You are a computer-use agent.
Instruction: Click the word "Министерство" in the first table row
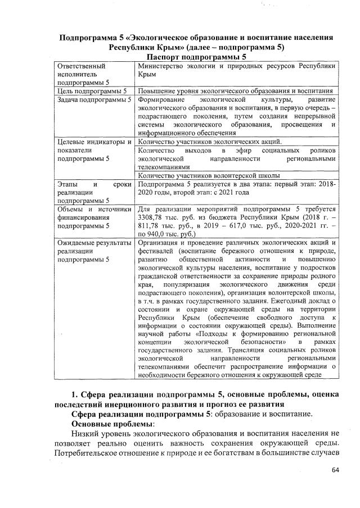(x=161, y=66)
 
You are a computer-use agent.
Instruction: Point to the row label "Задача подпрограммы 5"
(x=94, y=99)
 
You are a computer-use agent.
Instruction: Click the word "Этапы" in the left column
(x=69, y=184)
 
